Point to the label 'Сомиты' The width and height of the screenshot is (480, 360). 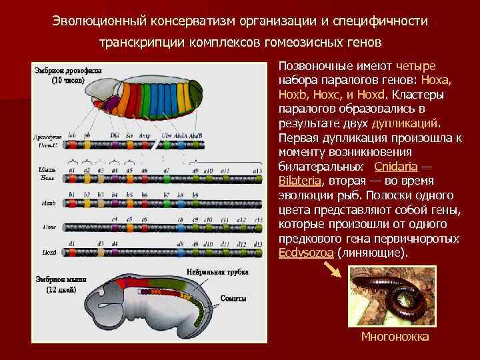click(x=233, y=298)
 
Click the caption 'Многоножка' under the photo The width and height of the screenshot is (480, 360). click(x=395, y=337)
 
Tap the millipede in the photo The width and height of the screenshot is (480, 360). click(x=393, y=293)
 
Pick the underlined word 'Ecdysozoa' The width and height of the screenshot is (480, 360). click(x=306, y=253)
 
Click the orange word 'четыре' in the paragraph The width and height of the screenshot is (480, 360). click(x=416, y=65)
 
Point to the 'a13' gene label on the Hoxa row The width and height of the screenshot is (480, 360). click(x=257, y=171)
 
